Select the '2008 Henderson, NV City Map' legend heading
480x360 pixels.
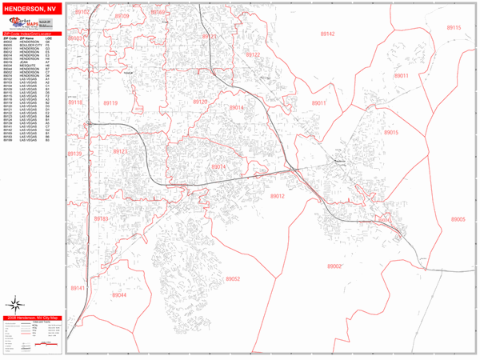tap(32, 318)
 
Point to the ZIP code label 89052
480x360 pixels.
tap(233, 278)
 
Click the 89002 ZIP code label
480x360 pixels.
tap(334, 266)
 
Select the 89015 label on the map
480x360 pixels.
tap(391, 132)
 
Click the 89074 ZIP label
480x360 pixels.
tap(219, 166)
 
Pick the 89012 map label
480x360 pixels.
tap(278, 196)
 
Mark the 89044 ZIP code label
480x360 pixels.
tap(119, 295)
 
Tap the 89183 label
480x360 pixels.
tap(101, 218)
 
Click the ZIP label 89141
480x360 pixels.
tap(77, 287)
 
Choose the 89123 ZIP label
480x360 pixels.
tap(120, 151)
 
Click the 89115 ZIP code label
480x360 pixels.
tap(454, 27)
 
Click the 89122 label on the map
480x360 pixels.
tap(253, 54)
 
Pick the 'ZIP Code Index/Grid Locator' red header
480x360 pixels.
tap(32, 34)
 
